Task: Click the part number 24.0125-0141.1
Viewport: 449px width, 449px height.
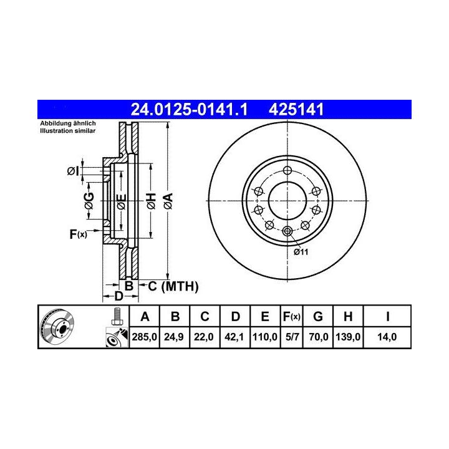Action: click(189, 109)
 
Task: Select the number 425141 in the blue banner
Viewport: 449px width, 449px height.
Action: click(296, 109)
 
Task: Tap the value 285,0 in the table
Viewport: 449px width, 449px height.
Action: click(144, 337)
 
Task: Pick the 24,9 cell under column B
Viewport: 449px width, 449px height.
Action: click(174, 337)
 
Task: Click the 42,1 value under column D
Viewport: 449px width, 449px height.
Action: click(234, 337)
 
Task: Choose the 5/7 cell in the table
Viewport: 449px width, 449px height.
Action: click(292, 337)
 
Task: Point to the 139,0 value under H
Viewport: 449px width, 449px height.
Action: click(348, 337)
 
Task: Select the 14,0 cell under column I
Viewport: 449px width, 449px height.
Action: click(387, 337)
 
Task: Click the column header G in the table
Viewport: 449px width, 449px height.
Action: click(318, 317)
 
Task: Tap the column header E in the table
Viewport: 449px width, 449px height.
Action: click(265, 317)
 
